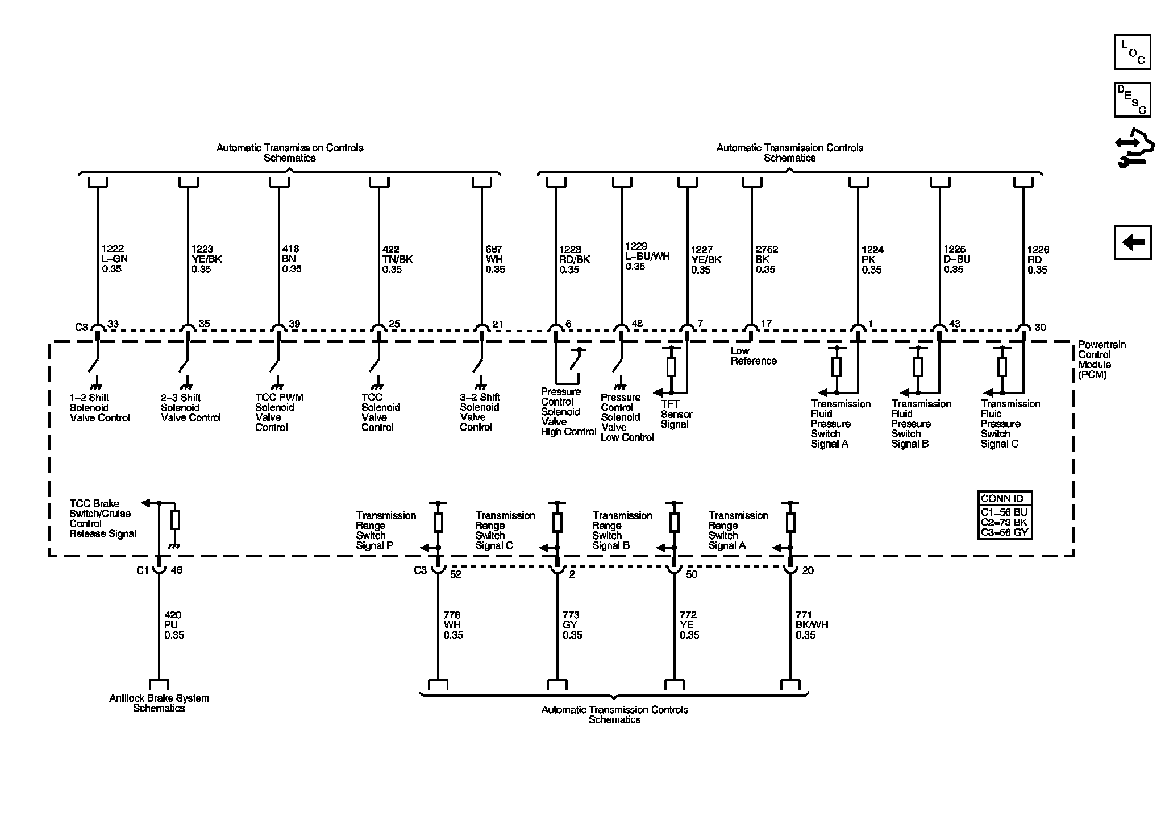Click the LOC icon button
click(x=1132, y=52)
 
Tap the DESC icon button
click(x=1132, y=100)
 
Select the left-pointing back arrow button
click(x=1132, y=243)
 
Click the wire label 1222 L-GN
click(x=114, y=259)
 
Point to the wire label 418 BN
click(x=292, y=259)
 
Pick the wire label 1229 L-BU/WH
click(x=647, y=257)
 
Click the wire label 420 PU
click(x=174, y=625)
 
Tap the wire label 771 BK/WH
click(x=812, y=625)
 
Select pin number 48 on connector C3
click(x=636, y=324)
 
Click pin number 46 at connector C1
click(x=176, y=570)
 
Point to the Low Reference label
click(x=753, y=356)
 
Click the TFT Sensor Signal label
click(x=676, y=414)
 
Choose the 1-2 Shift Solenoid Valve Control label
click(x=100, y=408)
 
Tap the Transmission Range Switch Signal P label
click(x=385, y=530)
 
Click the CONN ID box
click(x=1005, y=515)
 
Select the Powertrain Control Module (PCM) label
click(x=1094, y=359)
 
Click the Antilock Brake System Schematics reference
click(x=159, y=703)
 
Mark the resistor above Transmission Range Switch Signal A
click(x=790, y=522)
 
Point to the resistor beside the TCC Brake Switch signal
click(x=175, y=520)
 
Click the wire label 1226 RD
click(x=1038, y=259)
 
